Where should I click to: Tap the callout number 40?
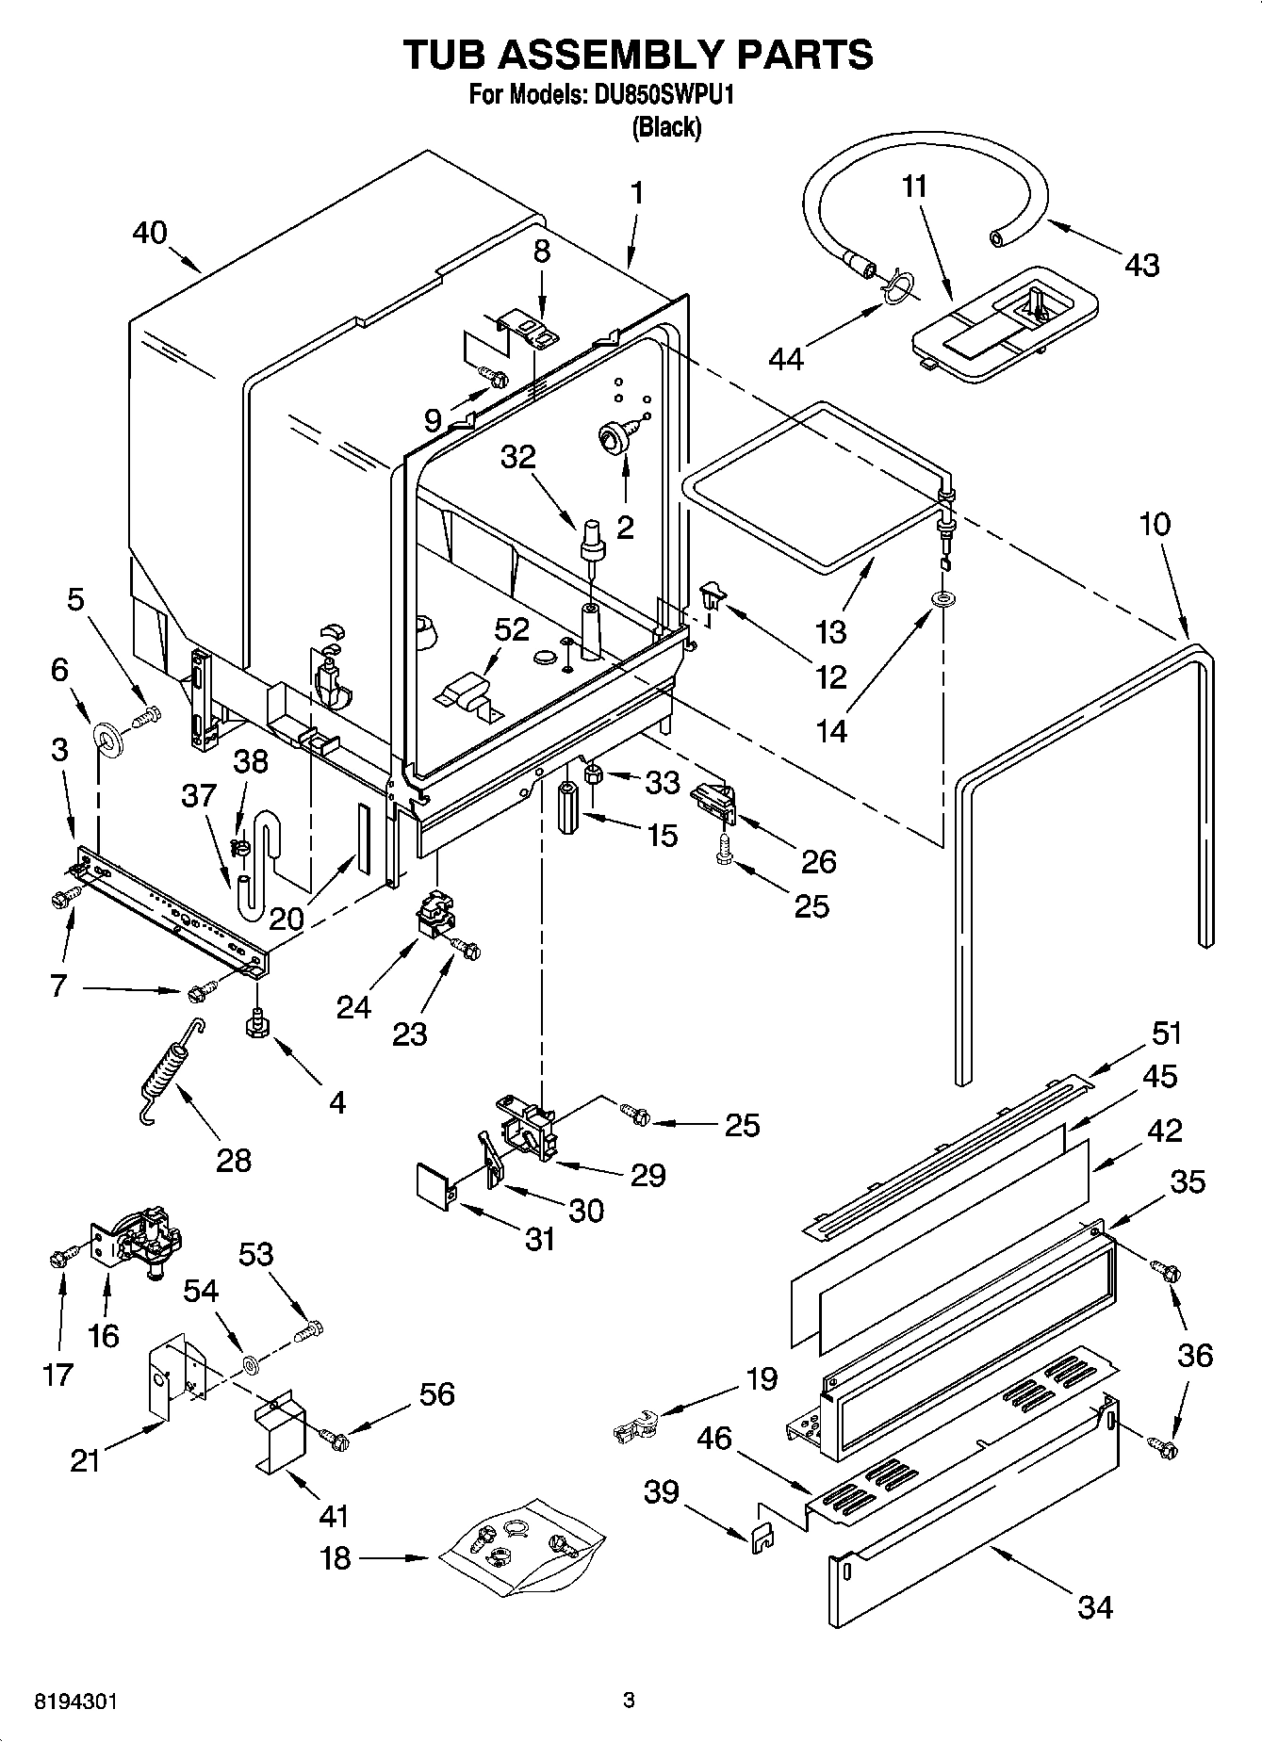pos(150,232)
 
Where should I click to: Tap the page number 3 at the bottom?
pos(630,1701)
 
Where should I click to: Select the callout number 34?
pos(1094,1606)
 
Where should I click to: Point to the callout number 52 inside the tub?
pos(512,629)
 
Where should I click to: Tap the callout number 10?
pos(1155,524)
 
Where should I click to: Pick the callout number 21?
pos(86,1460)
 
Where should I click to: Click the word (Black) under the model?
pos(666,126)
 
